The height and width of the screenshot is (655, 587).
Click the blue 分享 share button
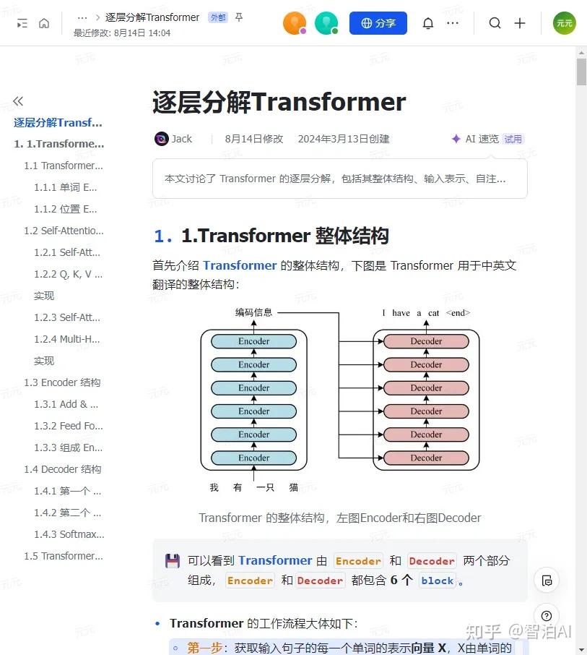pyautogui.click(x=378, y=23)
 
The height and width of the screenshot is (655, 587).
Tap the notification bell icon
pyautogui.click(x=428, y=23)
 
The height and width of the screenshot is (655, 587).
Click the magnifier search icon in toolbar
pyautogui.click(x=495, y=23)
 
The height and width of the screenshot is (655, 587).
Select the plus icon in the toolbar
pyautogui.click(x=520, y=23)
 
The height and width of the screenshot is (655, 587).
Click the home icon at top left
pyautogui.click(x=44, y=23)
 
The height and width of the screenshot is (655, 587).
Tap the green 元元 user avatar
pyautogui.click(x=565, y=23)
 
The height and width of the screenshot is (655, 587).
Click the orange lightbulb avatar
pyautogui.click(x=294, y=23)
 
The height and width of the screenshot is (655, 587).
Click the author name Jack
pyautogui.click(x=181, y=139)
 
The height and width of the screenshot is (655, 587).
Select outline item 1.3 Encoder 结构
pyautogui.click(x=62, y=382)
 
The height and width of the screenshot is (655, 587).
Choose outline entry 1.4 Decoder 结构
pyautogui.click(x=62, y=469)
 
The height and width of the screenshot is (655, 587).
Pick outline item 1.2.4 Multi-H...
pyautogui.click(x=69, y=339)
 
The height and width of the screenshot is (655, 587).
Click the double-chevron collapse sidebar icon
pyautogui.click(x=18, y=101)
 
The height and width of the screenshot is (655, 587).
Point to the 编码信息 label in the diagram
pyautogui.click(x=254, y=312)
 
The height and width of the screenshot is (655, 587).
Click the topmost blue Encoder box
pyautogui.click(x=254, y=341)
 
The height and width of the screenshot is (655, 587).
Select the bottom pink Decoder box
pyautogui.click(x=426, y=458)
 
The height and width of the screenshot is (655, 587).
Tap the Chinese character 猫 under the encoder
pyautogui.click(x=294, y=487)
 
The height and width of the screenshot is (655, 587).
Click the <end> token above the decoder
pyautogui.click(x=458, y=313)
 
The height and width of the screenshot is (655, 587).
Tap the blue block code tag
pyautogui.click(x=438, y=581)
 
